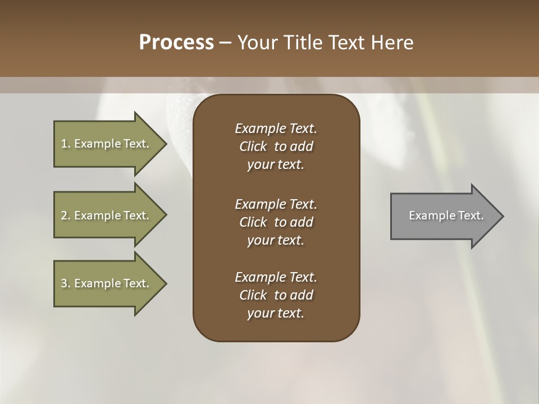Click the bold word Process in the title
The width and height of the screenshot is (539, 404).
(x=176, y=43)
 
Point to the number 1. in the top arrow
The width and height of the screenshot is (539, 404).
(x=66, y=144)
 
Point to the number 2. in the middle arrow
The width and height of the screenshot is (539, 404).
(x=66, y=215)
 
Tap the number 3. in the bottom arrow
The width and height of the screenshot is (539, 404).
(x=66, y=283)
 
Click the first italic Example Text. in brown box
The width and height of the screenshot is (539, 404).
(x=276, y=128)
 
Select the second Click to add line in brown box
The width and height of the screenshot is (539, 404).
(x=276, y=222)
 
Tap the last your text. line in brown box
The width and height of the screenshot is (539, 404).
(x=276, y=313)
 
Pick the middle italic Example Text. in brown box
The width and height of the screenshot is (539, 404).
(x=276, y=204)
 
